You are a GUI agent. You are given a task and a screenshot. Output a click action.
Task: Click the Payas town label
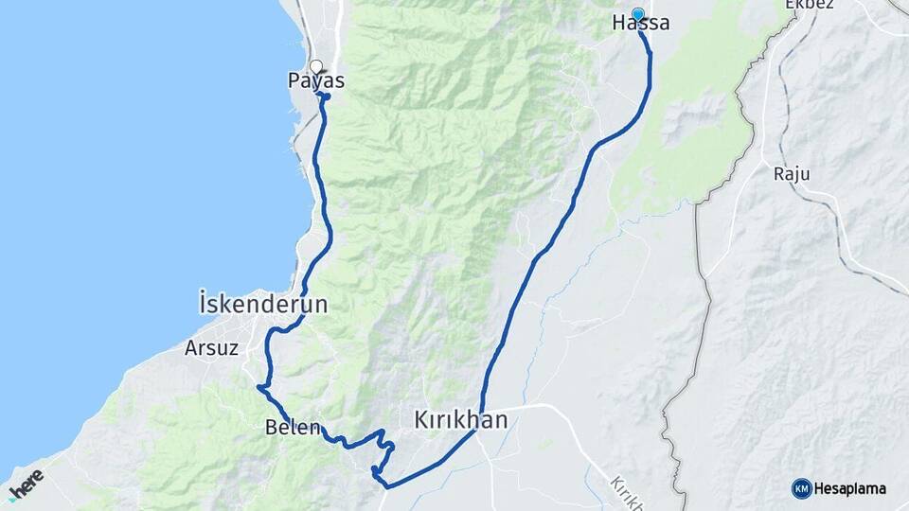(x=316, y=81)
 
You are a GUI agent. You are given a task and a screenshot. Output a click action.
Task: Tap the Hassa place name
(x=641, y=24)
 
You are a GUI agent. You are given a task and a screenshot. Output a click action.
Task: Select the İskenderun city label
(x=263, y=305)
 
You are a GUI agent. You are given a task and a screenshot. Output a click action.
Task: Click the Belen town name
(x=294, y=427)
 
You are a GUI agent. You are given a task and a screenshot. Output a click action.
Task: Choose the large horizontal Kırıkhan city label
(x=461, y=419)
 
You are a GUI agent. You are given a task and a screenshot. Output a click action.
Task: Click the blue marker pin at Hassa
(x=638, y=14)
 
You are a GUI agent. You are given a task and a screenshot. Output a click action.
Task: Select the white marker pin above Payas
(x=315, y=66)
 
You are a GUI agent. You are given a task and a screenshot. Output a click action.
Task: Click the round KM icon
(x=802, y=488)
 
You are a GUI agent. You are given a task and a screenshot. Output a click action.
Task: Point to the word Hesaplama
(x=850, y=488)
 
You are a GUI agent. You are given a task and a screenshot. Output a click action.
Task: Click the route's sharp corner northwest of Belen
(x=258, y=386)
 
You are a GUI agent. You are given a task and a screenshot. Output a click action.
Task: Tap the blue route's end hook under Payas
(x=325, y=97)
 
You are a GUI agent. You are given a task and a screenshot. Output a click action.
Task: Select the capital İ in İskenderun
(x=204, y=305)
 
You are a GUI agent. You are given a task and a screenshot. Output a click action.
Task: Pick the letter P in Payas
(x=294, y=81)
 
